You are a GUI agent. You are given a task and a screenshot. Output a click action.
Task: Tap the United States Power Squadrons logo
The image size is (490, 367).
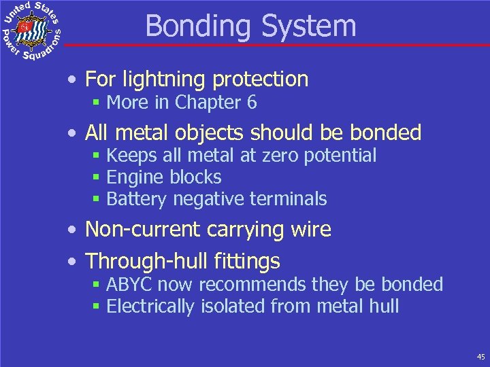(32, 31)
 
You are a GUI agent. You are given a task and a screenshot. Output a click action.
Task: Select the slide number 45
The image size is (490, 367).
(480, 356)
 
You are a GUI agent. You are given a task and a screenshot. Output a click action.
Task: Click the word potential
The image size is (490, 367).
(344, 156)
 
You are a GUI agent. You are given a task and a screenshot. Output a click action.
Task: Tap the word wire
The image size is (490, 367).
(311, 230)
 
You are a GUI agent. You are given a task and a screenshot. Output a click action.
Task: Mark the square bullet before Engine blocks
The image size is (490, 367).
(97, 178)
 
